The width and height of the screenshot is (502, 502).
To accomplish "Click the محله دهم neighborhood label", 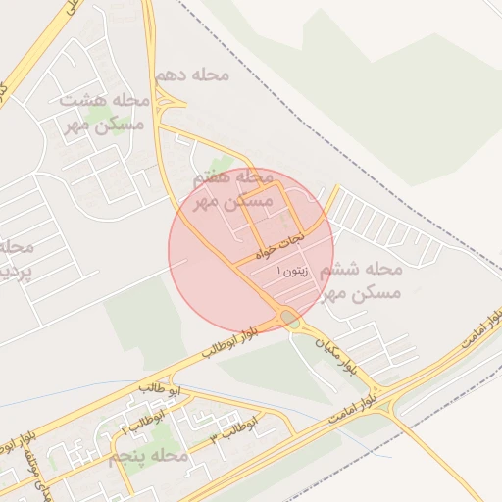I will [197, 75].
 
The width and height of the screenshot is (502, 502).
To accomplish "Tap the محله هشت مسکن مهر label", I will [102, 112].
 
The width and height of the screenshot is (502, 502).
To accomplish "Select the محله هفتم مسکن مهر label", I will [232, 189].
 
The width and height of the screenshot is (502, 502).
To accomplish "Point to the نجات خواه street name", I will [280, 244].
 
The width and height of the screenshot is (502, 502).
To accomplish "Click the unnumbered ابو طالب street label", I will [154, 388].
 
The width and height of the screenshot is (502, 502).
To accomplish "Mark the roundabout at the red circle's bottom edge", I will [287, 317].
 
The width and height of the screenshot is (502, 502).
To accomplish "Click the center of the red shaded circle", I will [251, 250].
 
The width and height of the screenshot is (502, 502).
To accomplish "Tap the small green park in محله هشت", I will [98, 116].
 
